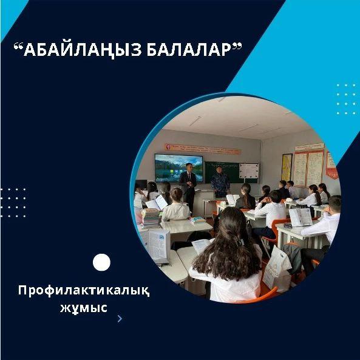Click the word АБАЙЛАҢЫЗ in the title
(x=83, y=50)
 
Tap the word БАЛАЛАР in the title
(x=189, y=50)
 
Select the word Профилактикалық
(x=84, y=291)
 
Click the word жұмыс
(x=84, y=308)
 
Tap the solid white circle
(x=101, y=262)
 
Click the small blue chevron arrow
(x=120, y=319)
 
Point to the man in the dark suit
(x=188, y=186)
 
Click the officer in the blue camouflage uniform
(x=220, y=182)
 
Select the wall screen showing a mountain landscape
(x=179, y=168)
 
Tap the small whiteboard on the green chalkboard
(x=249, y=171)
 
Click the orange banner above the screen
(x=203, y=149)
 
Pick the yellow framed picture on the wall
(x=287, y=168)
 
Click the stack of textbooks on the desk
(x=151, y=218)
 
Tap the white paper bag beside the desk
(x=277, y=268)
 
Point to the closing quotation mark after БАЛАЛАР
(x=236, y=46)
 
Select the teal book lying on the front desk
(x=197, y=220)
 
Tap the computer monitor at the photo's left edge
(x=141, y=185)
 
